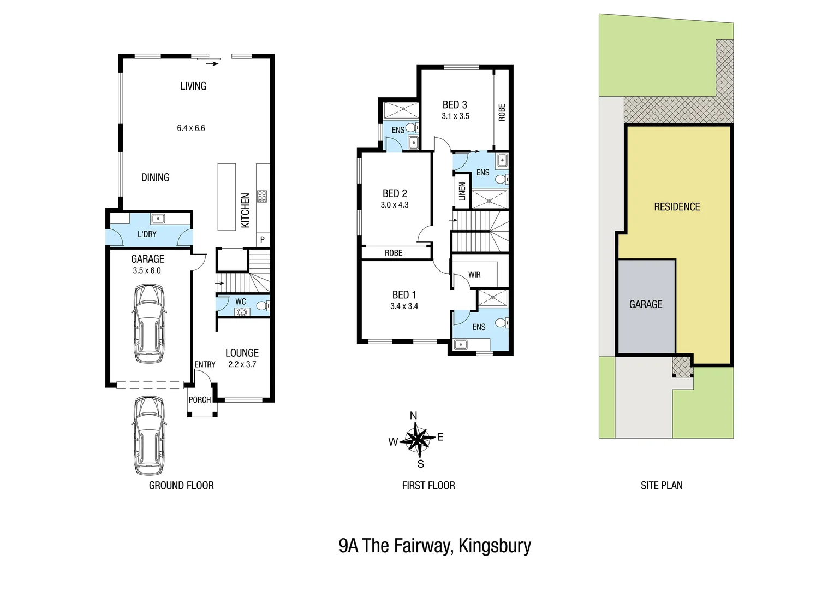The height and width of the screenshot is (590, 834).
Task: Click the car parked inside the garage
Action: pos(149,324)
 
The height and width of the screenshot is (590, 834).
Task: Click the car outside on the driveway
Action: pos(149,435)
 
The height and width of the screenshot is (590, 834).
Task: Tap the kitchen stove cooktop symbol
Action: pos(262,196)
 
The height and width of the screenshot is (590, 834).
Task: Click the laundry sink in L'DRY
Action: pos(158,218)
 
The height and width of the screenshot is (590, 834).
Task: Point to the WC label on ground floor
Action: pos(241,302)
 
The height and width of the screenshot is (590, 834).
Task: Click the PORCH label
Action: pos(200,400)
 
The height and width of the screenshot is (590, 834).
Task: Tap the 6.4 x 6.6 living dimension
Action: pos(191,128)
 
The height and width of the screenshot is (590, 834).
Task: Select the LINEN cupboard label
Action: pos(462,192)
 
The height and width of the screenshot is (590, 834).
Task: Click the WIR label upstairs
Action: pos(474,275)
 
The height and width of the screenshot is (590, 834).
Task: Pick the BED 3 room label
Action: pos(455,105)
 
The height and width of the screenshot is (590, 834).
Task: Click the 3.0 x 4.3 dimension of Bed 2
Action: pos(395,205)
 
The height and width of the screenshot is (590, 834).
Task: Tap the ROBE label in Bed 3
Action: pos(502,112)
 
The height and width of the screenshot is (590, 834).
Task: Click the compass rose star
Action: pos(420,439)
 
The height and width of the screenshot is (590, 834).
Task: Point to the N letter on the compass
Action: pos(413,416)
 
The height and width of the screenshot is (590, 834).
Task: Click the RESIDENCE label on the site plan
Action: pos(677,207)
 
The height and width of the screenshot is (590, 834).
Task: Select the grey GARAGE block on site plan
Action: pos(646,306)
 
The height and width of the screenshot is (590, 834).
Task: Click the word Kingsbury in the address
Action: pos(495,546)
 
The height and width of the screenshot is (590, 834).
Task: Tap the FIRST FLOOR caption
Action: pos(428,486)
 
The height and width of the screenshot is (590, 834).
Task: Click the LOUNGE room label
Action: pos(242,353)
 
